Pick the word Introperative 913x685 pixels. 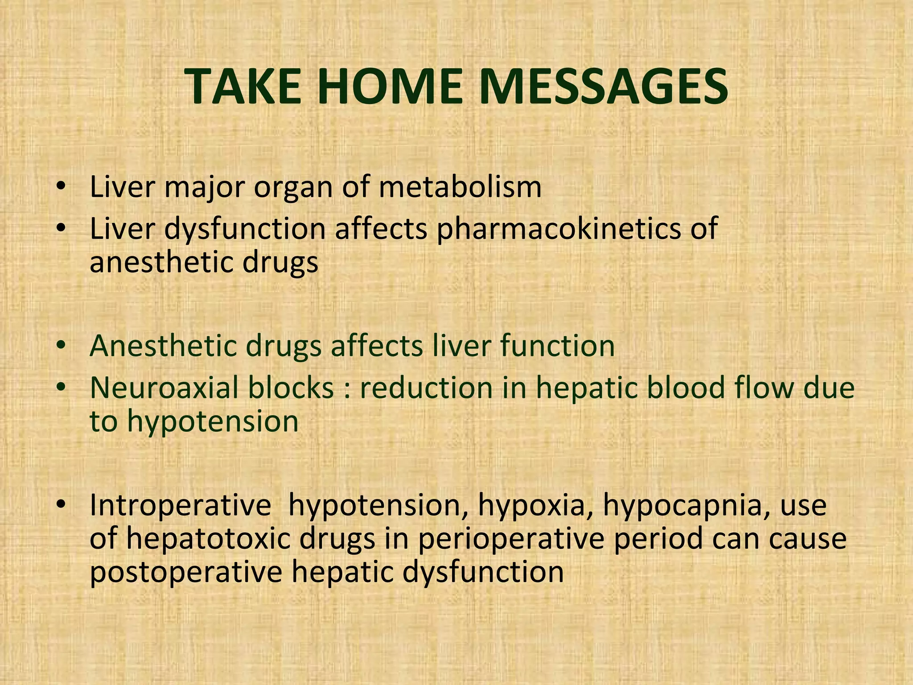[x=180, y=506]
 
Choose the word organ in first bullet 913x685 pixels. [x=293, y=188]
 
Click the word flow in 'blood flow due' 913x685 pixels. [x=762, y=388]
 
